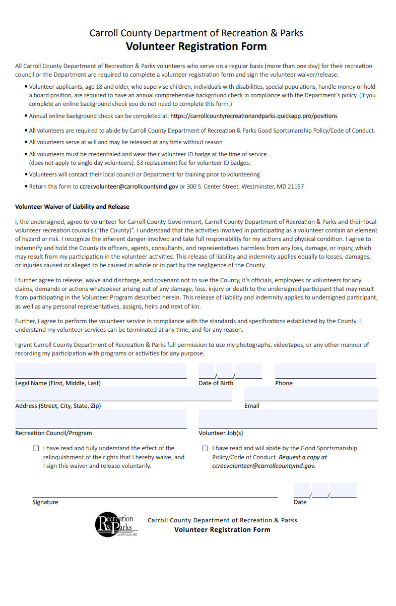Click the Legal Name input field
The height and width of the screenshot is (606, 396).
(101, 371)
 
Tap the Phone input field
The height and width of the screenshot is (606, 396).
(325, 371)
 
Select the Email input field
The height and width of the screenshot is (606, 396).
(311, 394)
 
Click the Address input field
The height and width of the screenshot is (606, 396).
(123, 394)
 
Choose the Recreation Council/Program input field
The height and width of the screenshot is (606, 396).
(101, 419)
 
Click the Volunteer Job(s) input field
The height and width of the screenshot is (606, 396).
(288, 419)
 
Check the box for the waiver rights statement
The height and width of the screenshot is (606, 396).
(36, 448)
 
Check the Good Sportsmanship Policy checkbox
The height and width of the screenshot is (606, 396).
(205, 448)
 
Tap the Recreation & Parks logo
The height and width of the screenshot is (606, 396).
(115, 524)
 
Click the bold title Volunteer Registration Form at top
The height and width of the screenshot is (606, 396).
(196, 47)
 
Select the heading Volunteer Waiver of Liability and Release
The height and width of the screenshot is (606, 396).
(72, 207)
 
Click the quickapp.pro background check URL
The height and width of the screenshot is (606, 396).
(254, 116)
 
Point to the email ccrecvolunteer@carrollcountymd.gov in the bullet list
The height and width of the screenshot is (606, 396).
(129, 187)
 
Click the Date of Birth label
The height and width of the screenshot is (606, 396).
(216, 383)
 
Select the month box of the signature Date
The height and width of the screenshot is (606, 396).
(301, 490)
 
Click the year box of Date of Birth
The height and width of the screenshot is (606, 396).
(248, 371)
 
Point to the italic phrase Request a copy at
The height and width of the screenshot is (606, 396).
(303, 457)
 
